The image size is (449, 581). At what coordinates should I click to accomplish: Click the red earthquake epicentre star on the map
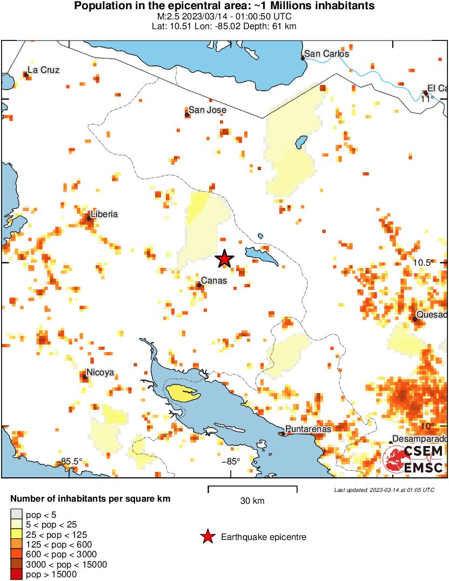[225, 259]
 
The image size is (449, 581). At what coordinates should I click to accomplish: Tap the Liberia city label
[104, 214]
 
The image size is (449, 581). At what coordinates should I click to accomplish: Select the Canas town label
[214, 281]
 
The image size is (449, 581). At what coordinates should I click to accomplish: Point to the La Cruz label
[43, 70]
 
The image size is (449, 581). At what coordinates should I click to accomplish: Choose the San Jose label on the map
[207, 110]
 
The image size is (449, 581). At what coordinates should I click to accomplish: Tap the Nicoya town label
[100, 373]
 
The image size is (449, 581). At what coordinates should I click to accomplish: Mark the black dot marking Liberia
[89, 219]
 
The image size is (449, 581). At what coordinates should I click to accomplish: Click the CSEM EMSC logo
[413, 459]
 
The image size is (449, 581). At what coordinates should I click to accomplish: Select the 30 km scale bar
[252, 489]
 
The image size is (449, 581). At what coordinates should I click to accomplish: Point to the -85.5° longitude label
[71, 461]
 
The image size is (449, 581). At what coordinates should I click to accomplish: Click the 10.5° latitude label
[424, 262]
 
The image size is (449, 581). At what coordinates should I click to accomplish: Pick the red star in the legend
[207, 537]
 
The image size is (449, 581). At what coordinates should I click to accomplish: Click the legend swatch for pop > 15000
[16, 575]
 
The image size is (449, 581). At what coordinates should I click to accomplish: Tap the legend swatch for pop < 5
[16, 514]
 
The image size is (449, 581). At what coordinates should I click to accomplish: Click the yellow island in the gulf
[183, 393]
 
